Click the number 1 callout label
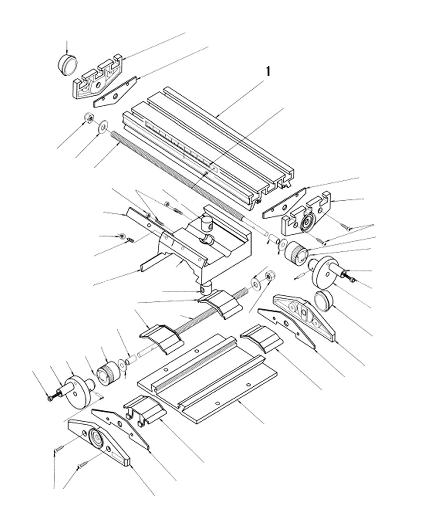(x=267, y=71)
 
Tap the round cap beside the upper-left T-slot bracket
(x=67, y=65)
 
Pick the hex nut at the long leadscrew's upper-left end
(x=89, y=118)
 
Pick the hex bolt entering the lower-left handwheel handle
(x=51, y=398)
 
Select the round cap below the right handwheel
(x=324, y=300)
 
